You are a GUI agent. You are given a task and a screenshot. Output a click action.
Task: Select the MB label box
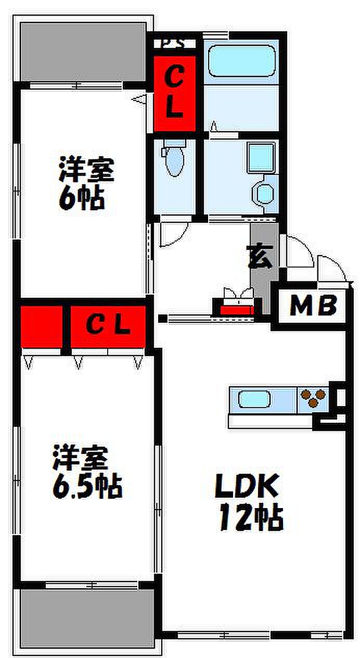click(313, 306)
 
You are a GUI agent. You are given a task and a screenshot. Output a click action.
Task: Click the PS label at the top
click(173, 43)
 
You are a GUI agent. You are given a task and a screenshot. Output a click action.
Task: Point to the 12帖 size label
click(251, 517)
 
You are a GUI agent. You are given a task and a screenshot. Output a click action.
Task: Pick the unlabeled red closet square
click(42, 326)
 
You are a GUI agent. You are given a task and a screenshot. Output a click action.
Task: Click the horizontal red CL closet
click(108, 326)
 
